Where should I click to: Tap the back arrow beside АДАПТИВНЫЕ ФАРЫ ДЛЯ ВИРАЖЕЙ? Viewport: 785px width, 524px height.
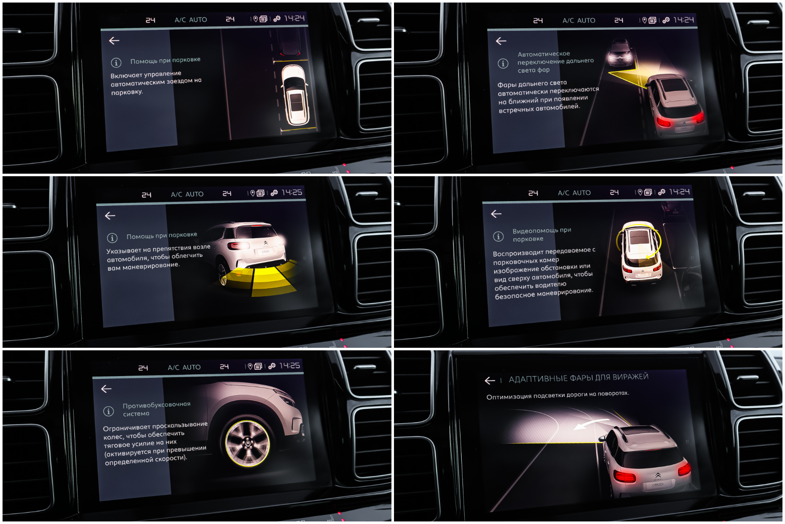point(490,380)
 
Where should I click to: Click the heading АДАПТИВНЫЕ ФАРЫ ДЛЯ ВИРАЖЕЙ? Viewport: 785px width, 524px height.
point(578,377)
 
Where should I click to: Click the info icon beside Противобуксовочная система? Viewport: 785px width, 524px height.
point(108,411)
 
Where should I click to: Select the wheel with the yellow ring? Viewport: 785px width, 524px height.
point(248,443)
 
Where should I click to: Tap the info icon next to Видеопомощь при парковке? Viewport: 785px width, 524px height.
point(499,236)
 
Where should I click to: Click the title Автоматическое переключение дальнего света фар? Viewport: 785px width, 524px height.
point(555,62)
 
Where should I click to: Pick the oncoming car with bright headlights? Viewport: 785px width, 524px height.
point(620,52)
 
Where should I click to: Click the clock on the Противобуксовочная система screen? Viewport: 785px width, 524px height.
point(289,365)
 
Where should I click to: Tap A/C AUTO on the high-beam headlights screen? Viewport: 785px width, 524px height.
point(578,20)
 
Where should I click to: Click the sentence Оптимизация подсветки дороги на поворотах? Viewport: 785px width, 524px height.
point(558,395)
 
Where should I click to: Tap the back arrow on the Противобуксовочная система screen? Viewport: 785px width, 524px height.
point(106,389)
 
